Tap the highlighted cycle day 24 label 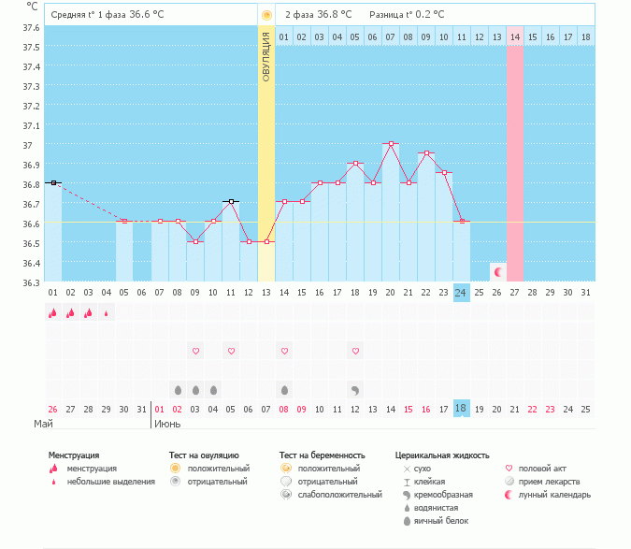pos(461,293)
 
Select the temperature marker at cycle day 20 pos(391,144)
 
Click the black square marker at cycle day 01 pos(53,182)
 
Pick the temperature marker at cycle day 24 pos(461,221)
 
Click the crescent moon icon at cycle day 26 pos(498,272)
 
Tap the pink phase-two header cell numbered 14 pos(514,36)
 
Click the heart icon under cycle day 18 pos(355,351)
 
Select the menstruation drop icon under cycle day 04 pos(107,314)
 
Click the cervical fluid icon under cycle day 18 pos(355,389)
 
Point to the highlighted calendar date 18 pos(461,409)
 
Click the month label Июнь pos(168,424)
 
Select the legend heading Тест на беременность pos(323,455)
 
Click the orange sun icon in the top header pos(266,15)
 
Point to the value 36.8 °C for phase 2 pos(334,15)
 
